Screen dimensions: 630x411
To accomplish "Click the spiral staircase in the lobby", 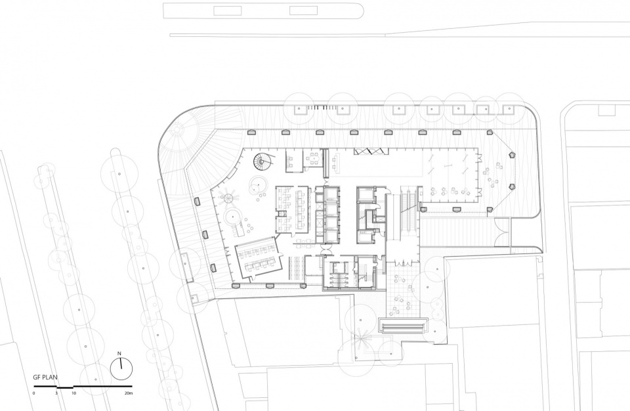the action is [x=262, y=162].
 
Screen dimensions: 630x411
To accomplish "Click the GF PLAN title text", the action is [x=45, y=378].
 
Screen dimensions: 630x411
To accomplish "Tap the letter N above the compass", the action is [x=119, y=353].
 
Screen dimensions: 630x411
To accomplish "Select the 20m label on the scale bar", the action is [x=128, y=393].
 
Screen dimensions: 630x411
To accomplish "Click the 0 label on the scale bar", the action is [x=33, y=393].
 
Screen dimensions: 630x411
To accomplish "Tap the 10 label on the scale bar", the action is [x=74, y=393].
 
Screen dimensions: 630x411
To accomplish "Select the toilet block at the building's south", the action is [x=339, y=273].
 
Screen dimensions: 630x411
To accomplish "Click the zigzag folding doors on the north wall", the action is [x=371, y=151].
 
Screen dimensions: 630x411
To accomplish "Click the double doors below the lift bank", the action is [x=327, y=250].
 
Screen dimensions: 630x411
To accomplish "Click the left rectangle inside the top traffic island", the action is [x=228, y=11].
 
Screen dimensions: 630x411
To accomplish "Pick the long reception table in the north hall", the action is [x=326, y=163].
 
